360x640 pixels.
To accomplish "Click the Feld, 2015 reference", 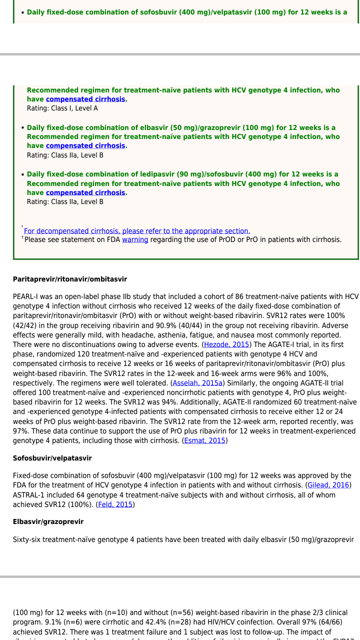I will coord(115,504).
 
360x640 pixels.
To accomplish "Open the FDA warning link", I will coord(135,239).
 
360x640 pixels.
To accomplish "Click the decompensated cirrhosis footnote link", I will coord(137,231).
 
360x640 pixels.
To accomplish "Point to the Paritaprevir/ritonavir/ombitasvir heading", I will coord(70,279).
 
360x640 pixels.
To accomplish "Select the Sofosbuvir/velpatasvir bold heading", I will coord(52,458).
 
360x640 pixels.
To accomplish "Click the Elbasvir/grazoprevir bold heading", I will coord(48,521).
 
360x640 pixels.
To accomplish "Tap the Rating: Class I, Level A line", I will coord(62,108).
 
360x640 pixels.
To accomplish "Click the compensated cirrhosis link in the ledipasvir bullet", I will coord(85,192).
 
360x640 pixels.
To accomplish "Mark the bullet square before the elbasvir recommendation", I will coord(22,127).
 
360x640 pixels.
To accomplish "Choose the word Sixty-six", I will coord(28,539).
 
